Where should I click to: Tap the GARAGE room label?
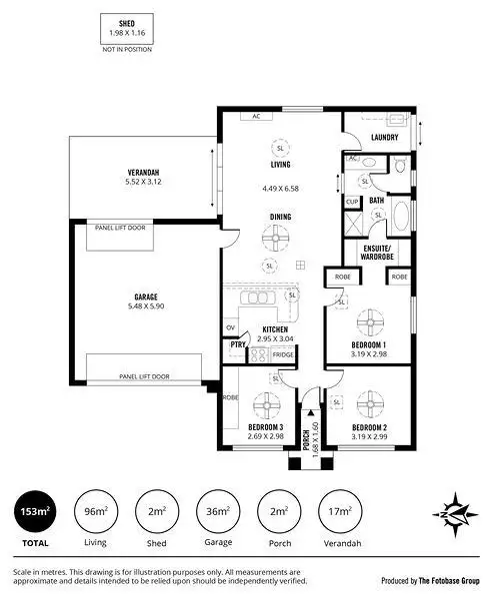pyautogui.click(x=146, y=297)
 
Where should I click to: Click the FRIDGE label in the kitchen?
pyautogui.click(x=283, y=354)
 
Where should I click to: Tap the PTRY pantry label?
pyautogui.click(x=237, y=345)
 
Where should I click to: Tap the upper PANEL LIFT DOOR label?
pyautogui.click(x=120, y=227)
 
